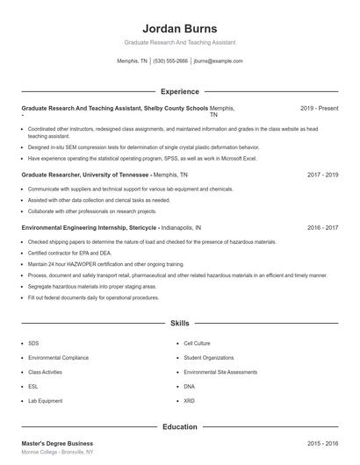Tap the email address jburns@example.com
pos(219,61)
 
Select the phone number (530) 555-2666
pos(170,61)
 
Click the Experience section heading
pos(179,91)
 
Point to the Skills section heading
pos(179,323)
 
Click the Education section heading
pos(179,427)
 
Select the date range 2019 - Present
pos(319,108)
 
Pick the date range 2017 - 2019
pos(322,175)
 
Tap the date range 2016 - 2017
pos(322,227)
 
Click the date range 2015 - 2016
pos(322,443)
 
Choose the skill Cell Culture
pos(196,343)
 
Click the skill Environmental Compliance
pos(57,358)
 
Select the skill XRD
pos(189,400)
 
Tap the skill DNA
pos(189,386)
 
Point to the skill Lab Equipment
pos(45,400)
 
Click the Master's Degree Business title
pos(57,443)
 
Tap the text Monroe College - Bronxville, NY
pos(58,452)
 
